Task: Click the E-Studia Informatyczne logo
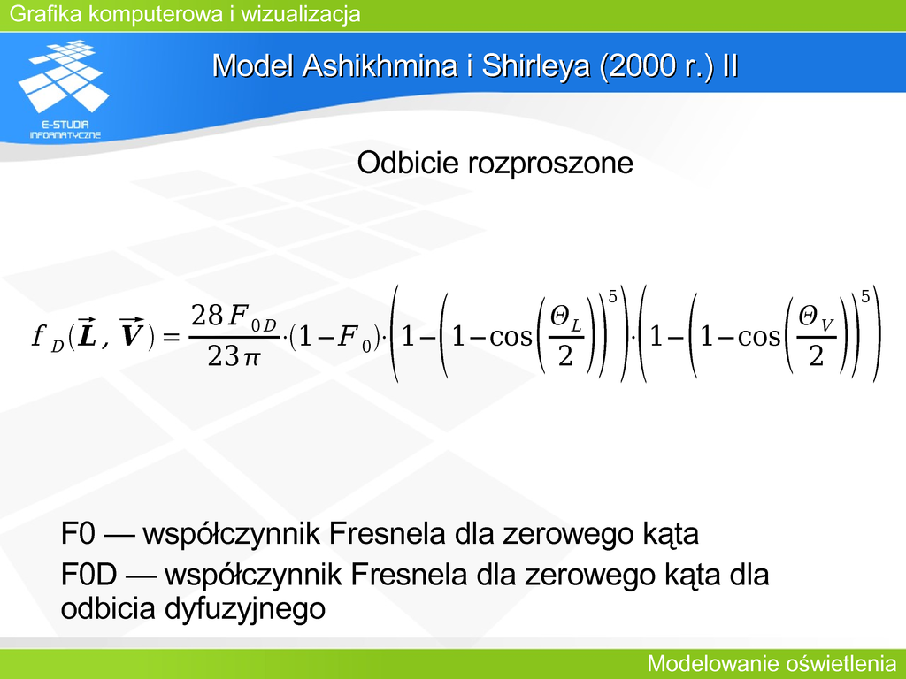pos(64,89)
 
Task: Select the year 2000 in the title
pos(640,65)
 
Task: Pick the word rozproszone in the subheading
pos(550,164)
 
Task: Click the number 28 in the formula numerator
pos(207,316)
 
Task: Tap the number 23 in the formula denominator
pos(223,356)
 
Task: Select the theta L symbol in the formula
pos(565,319)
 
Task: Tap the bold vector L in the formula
pos(88,333)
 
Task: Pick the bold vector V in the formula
pos(132,333)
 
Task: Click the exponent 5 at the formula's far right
pos(865,297)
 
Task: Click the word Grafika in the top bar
pos(46,14)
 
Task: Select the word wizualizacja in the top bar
pos(301,14)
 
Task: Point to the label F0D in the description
pos(89,575)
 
